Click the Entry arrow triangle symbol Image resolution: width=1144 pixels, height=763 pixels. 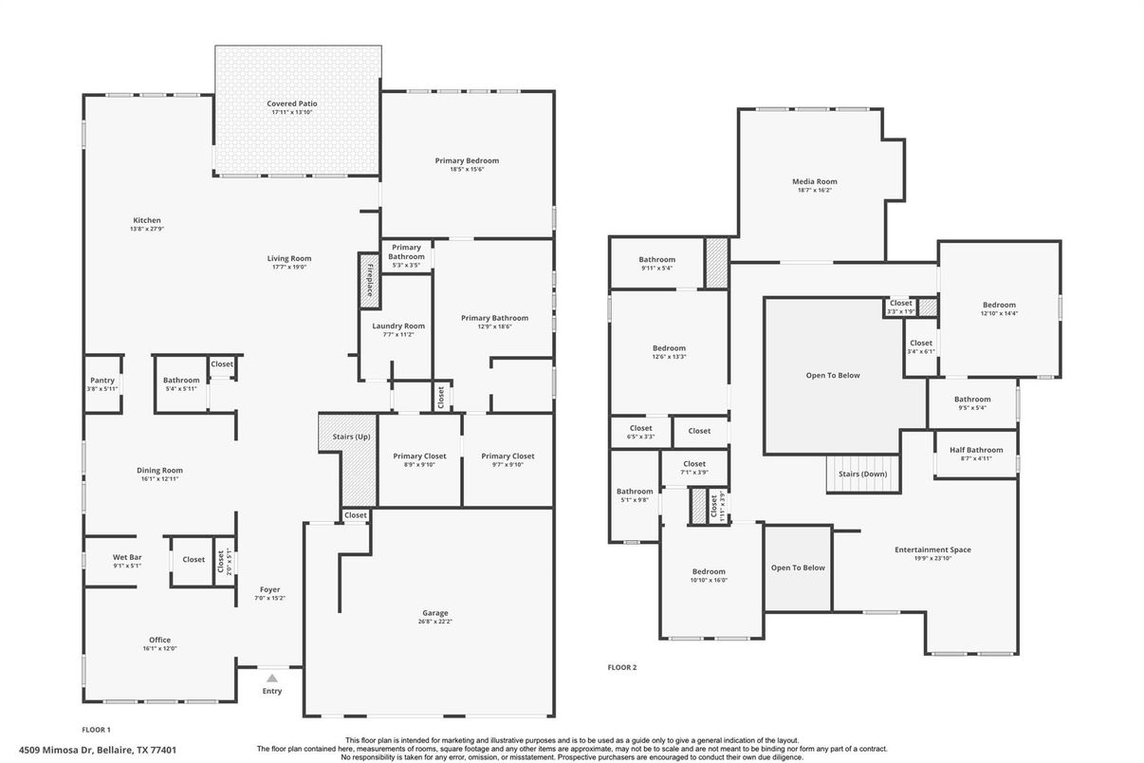click(272, 678)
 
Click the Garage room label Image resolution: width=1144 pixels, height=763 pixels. click(435, 613)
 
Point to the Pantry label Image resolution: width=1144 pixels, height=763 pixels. click(101, 381)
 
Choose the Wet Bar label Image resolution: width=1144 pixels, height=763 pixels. click(127, 557)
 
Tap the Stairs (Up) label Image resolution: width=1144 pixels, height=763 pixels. click(351, 437)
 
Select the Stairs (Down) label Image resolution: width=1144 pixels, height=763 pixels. click(862, 474)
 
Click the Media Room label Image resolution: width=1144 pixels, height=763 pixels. click(815, 181)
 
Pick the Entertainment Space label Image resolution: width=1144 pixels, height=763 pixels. click(932, 549)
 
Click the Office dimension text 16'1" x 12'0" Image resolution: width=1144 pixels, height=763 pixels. click(159, 649)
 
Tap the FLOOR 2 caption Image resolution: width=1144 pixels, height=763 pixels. click(622, 667)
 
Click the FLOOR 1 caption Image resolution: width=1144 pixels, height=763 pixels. click(97, 730)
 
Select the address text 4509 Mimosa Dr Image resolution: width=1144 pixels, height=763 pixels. click(50, 750)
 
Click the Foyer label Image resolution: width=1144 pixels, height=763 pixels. click(269, 589)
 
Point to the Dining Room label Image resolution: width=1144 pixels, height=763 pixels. click(159, 470)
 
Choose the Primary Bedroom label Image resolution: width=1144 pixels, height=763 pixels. click(467, 160)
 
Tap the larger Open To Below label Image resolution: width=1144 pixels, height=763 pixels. click(833, 375)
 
